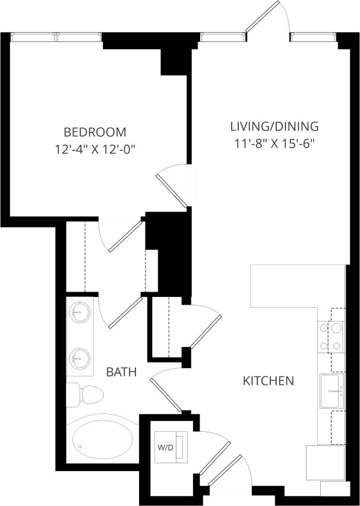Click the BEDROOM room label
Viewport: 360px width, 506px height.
pos(95,131)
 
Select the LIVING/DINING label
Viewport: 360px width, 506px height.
pos(274,126)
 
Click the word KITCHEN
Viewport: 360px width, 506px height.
pos(269,380)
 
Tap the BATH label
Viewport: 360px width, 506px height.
pos(121,372)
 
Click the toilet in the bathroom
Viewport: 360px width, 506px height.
pos(86,394)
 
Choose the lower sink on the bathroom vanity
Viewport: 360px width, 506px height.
pos(79,358)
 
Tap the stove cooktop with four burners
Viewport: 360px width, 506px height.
pos(330,336)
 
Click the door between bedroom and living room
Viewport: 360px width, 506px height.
pos(172,185)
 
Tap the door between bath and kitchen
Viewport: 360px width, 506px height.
pos(166,392)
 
